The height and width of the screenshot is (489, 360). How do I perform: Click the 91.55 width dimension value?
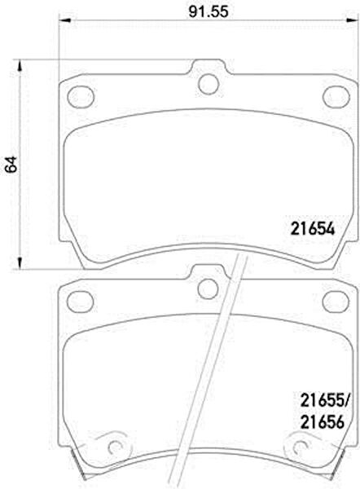tap(209, 12)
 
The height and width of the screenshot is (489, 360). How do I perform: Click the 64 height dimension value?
tap(12, 164)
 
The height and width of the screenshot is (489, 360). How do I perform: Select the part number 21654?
tap(313, 229)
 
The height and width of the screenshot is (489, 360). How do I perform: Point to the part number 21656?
tap(322, 422)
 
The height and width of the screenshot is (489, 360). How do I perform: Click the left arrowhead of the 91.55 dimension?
tap(65, 21)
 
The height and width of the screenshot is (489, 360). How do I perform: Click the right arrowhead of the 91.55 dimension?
tap(352, 21)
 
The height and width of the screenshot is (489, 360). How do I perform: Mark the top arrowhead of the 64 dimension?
tap(20, 65)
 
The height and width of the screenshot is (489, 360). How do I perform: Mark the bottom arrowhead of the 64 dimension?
tap(20, 262)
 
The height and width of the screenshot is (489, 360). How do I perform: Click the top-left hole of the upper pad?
tap(81, 96)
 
